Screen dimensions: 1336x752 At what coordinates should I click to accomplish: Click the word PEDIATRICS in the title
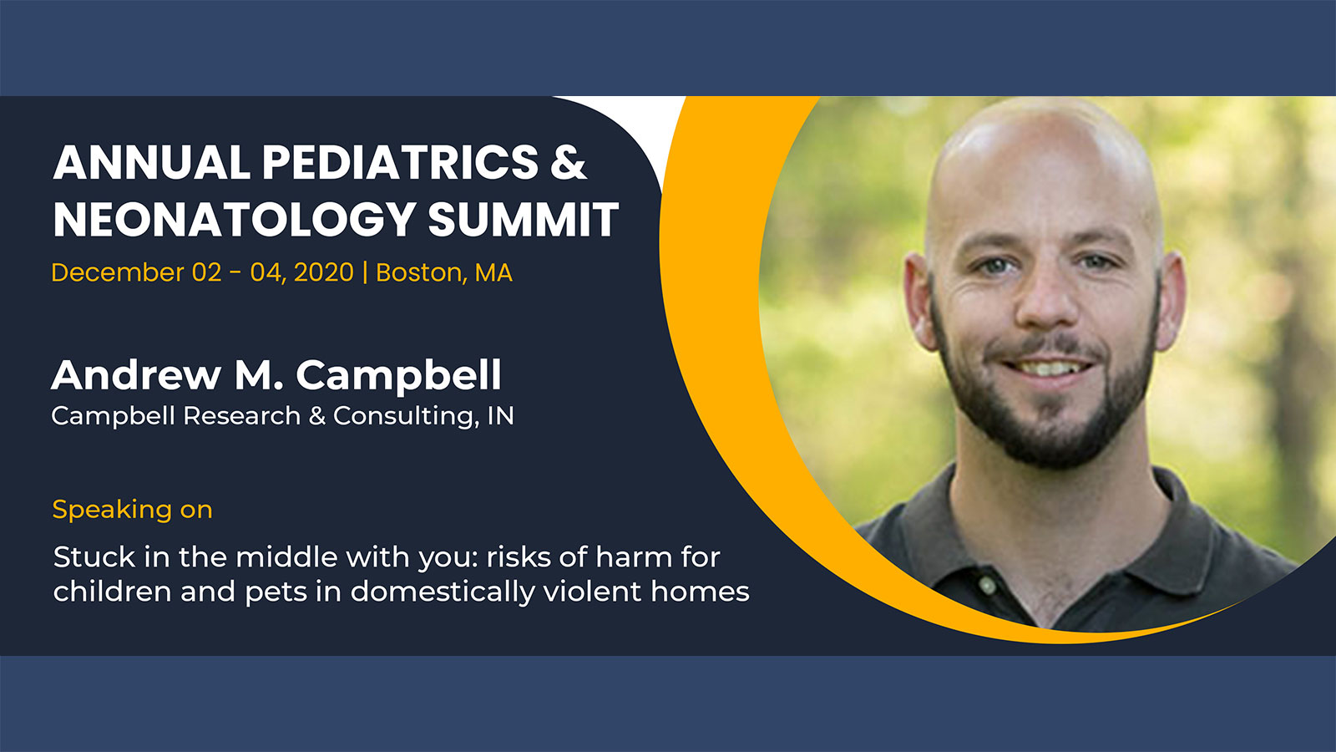400,162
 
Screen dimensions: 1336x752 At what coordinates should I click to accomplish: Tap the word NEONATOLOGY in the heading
235,219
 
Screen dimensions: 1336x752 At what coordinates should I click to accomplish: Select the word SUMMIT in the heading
524,219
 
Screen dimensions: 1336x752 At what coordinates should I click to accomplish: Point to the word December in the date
118,272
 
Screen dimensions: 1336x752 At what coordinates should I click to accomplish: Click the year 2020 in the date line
324,272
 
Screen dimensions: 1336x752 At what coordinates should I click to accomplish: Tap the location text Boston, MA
444,273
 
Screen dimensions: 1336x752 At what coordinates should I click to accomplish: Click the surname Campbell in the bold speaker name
398,376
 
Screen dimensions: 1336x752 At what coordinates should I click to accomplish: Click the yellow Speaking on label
133,511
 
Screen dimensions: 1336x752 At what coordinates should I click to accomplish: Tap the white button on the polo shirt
986,584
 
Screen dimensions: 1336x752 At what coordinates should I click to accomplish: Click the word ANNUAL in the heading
151,162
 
